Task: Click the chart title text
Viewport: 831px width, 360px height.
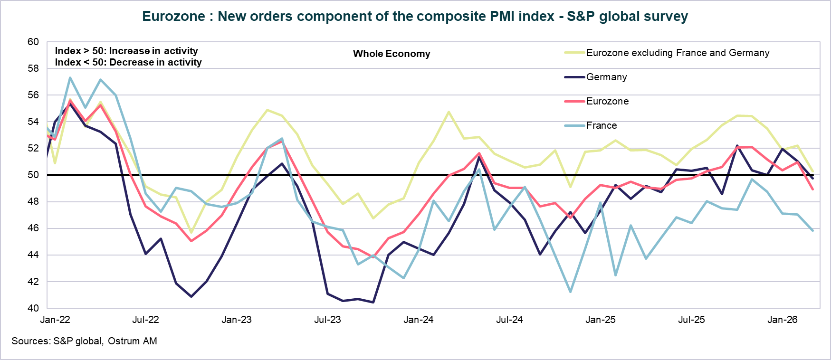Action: click(x=415, y=17)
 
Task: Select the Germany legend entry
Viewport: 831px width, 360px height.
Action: click(x=606, y=77)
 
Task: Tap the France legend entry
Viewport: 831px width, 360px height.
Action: click(x=601, y=125)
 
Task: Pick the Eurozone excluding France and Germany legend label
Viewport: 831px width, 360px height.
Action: click(x=678, y=53)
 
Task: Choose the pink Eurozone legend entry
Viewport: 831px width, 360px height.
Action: click(x=607, y=101)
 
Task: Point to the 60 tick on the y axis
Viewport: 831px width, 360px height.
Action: click(x=33, y=42)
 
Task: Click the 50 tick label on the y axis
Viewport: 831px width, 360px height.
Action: click(x=33, y=175)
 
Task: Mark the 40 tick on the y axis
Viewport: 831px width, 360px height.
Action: click(x=33, y=308)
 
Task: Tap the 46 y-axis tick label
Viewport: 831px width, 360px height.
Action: click(x=33, y=228)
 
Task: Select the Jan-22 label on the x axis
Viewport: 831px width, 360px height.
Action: click(x=55, y=320)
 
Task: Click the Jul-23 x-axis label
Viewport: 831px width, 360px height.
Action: click(x=327, y=320)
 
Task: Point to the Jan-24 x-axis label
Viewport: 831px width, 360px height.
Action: click(x=418, y=320)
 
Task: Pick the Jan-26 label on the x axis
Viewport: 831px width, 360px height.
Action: click(x=782, y=320)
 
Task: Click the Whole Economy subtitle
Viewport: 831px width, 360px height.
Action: click(x=392, y=54)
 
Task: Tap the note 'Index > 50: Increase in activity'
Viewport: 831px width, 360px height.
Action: click(x=126, y=51)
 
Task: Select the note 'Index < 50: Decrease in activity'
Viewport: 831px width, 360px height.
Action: click(x=128, y=62)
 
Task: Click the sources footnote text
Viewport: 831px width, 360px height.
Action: click(x=84, y=341)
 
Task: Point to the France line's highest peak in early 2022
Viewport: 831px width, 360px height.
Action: click(x=70, y=78)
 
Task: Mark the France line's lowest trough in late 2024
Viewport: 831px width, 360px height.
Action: click(x=570, y=292)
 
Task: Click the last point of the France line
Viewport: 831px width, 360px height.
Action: click(x=812, y=230)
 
